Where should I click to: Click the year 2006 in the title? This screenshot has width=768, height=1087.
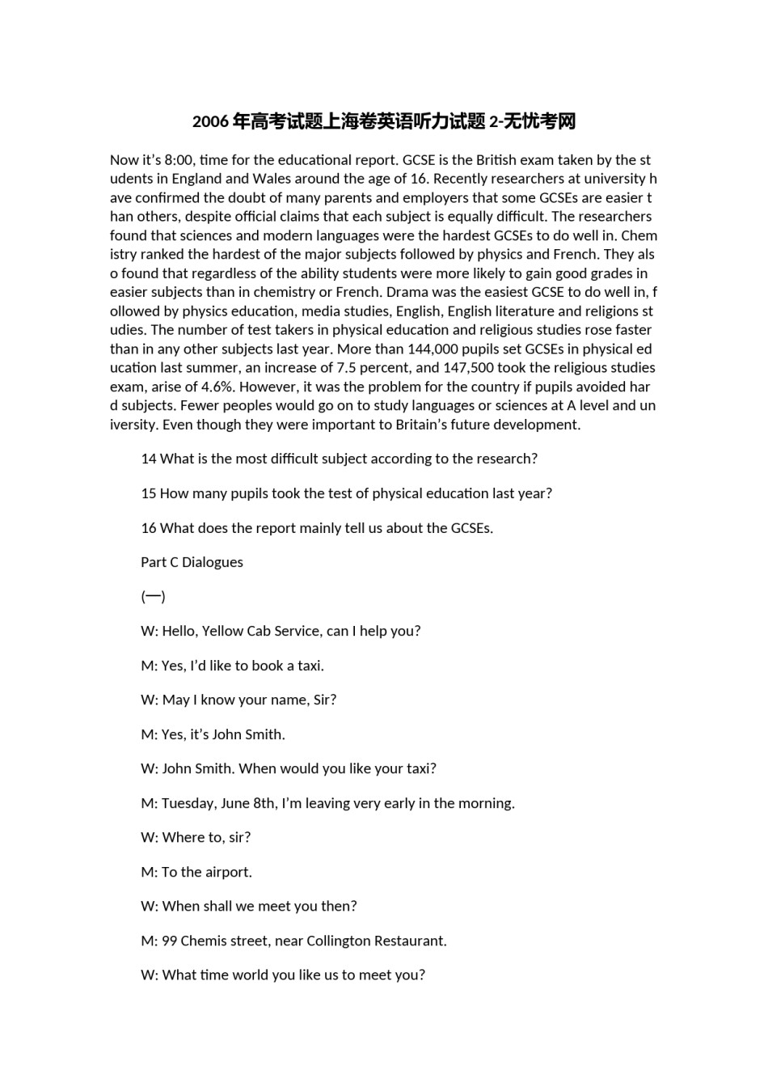210,122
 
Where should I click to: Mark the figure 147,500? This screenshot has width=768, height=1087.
468,368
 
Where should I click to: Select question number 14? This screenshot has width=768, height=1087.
149,459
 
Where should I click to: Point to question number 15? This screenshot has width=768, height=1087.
149,493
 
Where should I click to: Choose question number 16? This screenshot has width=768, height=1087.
149,528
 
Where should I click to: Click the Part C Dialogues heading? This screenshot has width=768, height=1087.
192,562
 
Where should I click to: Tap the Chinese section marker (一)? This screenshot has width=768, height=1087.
153,597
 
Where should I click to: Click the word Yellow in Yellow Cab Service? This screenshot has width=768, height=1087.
223,631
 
